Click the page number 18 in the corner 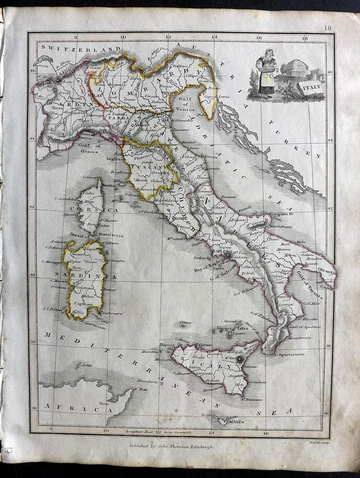[x=327, y=28]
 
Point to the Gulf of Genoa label [x=90, y=149]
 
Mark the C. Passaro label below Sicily [x=252, y=399]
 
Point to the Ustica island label [x=186, y=323]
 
